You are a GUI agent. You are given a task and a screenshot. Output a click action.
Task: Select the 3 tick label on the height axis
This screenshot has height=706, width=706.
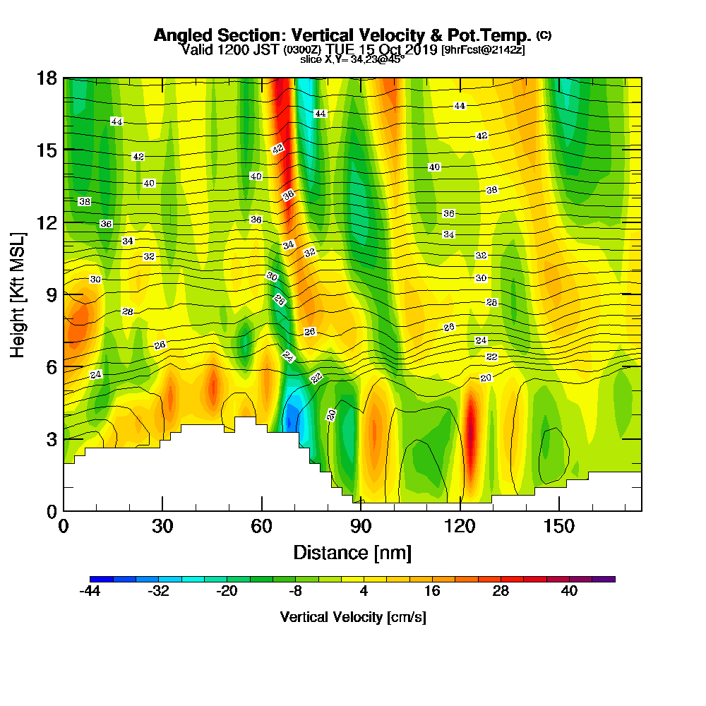click(x=52, y=438)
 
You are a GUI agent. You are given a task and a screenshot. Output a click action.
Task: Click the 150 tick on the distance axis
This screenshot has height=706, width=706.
click(x=558, y=526)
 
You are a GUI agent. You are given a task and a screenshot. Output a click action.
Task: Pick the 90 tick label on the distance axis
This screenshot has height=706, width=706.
click(x=361, y=526)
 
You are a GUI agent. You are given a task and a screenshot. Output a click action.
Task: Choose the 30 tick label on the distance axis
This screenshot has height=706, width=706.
click(x=162, y=526)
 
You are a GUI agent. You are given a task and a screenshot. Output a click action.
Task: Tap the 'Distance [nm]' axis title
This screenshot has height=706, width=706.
click(x=352, y=552)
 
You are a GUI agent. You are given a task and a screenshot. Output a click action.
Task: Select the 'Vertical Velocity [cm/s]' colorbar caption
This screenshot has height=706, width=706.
click(x=353, y=617)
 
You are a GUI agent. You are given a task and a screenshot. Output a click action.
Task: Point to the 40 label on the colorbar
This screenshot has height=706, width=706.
click(x=569, y=592)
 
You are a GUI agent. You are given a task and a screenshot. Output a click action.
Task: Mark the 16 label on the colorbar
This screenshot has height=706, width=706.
click(x=432, y=592)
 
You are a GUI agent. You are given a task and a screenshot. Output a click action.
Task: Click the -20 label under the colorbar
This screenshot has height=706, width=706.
click(x=227, y=592)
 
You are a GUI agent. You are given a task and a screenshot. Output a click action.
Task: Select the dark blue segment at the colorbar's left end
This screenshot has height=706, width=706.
click(x=96, y=579)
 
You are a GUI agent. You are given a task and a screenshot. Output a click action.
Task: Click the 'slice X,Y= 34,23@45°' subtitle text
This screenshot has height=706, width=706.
click(x=352, y=59)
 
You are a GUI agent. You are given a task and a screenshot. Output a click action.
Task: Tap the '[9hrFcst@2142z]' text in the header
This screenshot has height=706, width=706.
click(x=483, y=49)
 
